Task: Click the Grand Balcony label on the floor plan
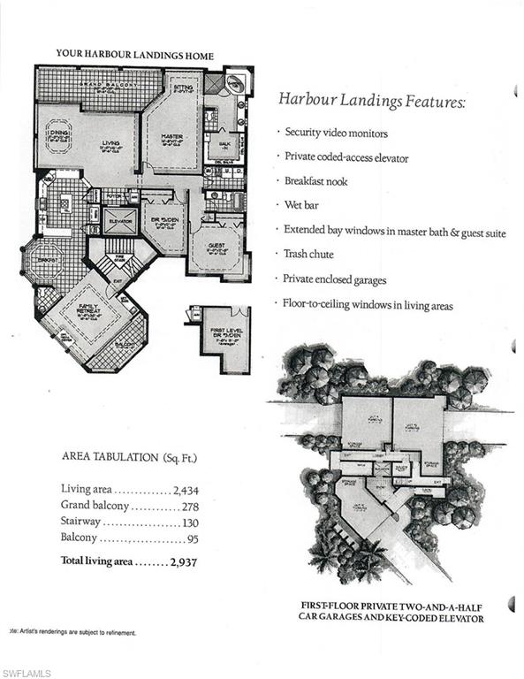(99, 86)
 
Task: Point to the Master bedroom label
(172, 139)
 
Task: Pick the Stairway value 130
(191, 523)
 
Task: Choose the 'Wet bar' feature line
(306, 204)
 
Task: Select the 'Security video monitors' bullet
(337, 133)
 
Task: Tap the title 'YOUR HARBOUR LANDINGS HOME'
(134, 54)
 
